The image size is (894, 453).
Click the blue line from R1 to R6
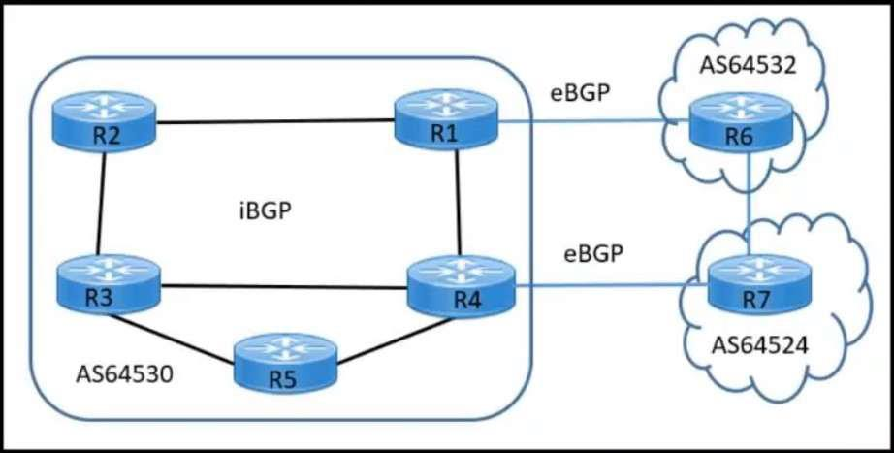point(591,122)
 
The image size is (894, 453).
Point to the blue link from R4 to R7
point(601,285)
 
